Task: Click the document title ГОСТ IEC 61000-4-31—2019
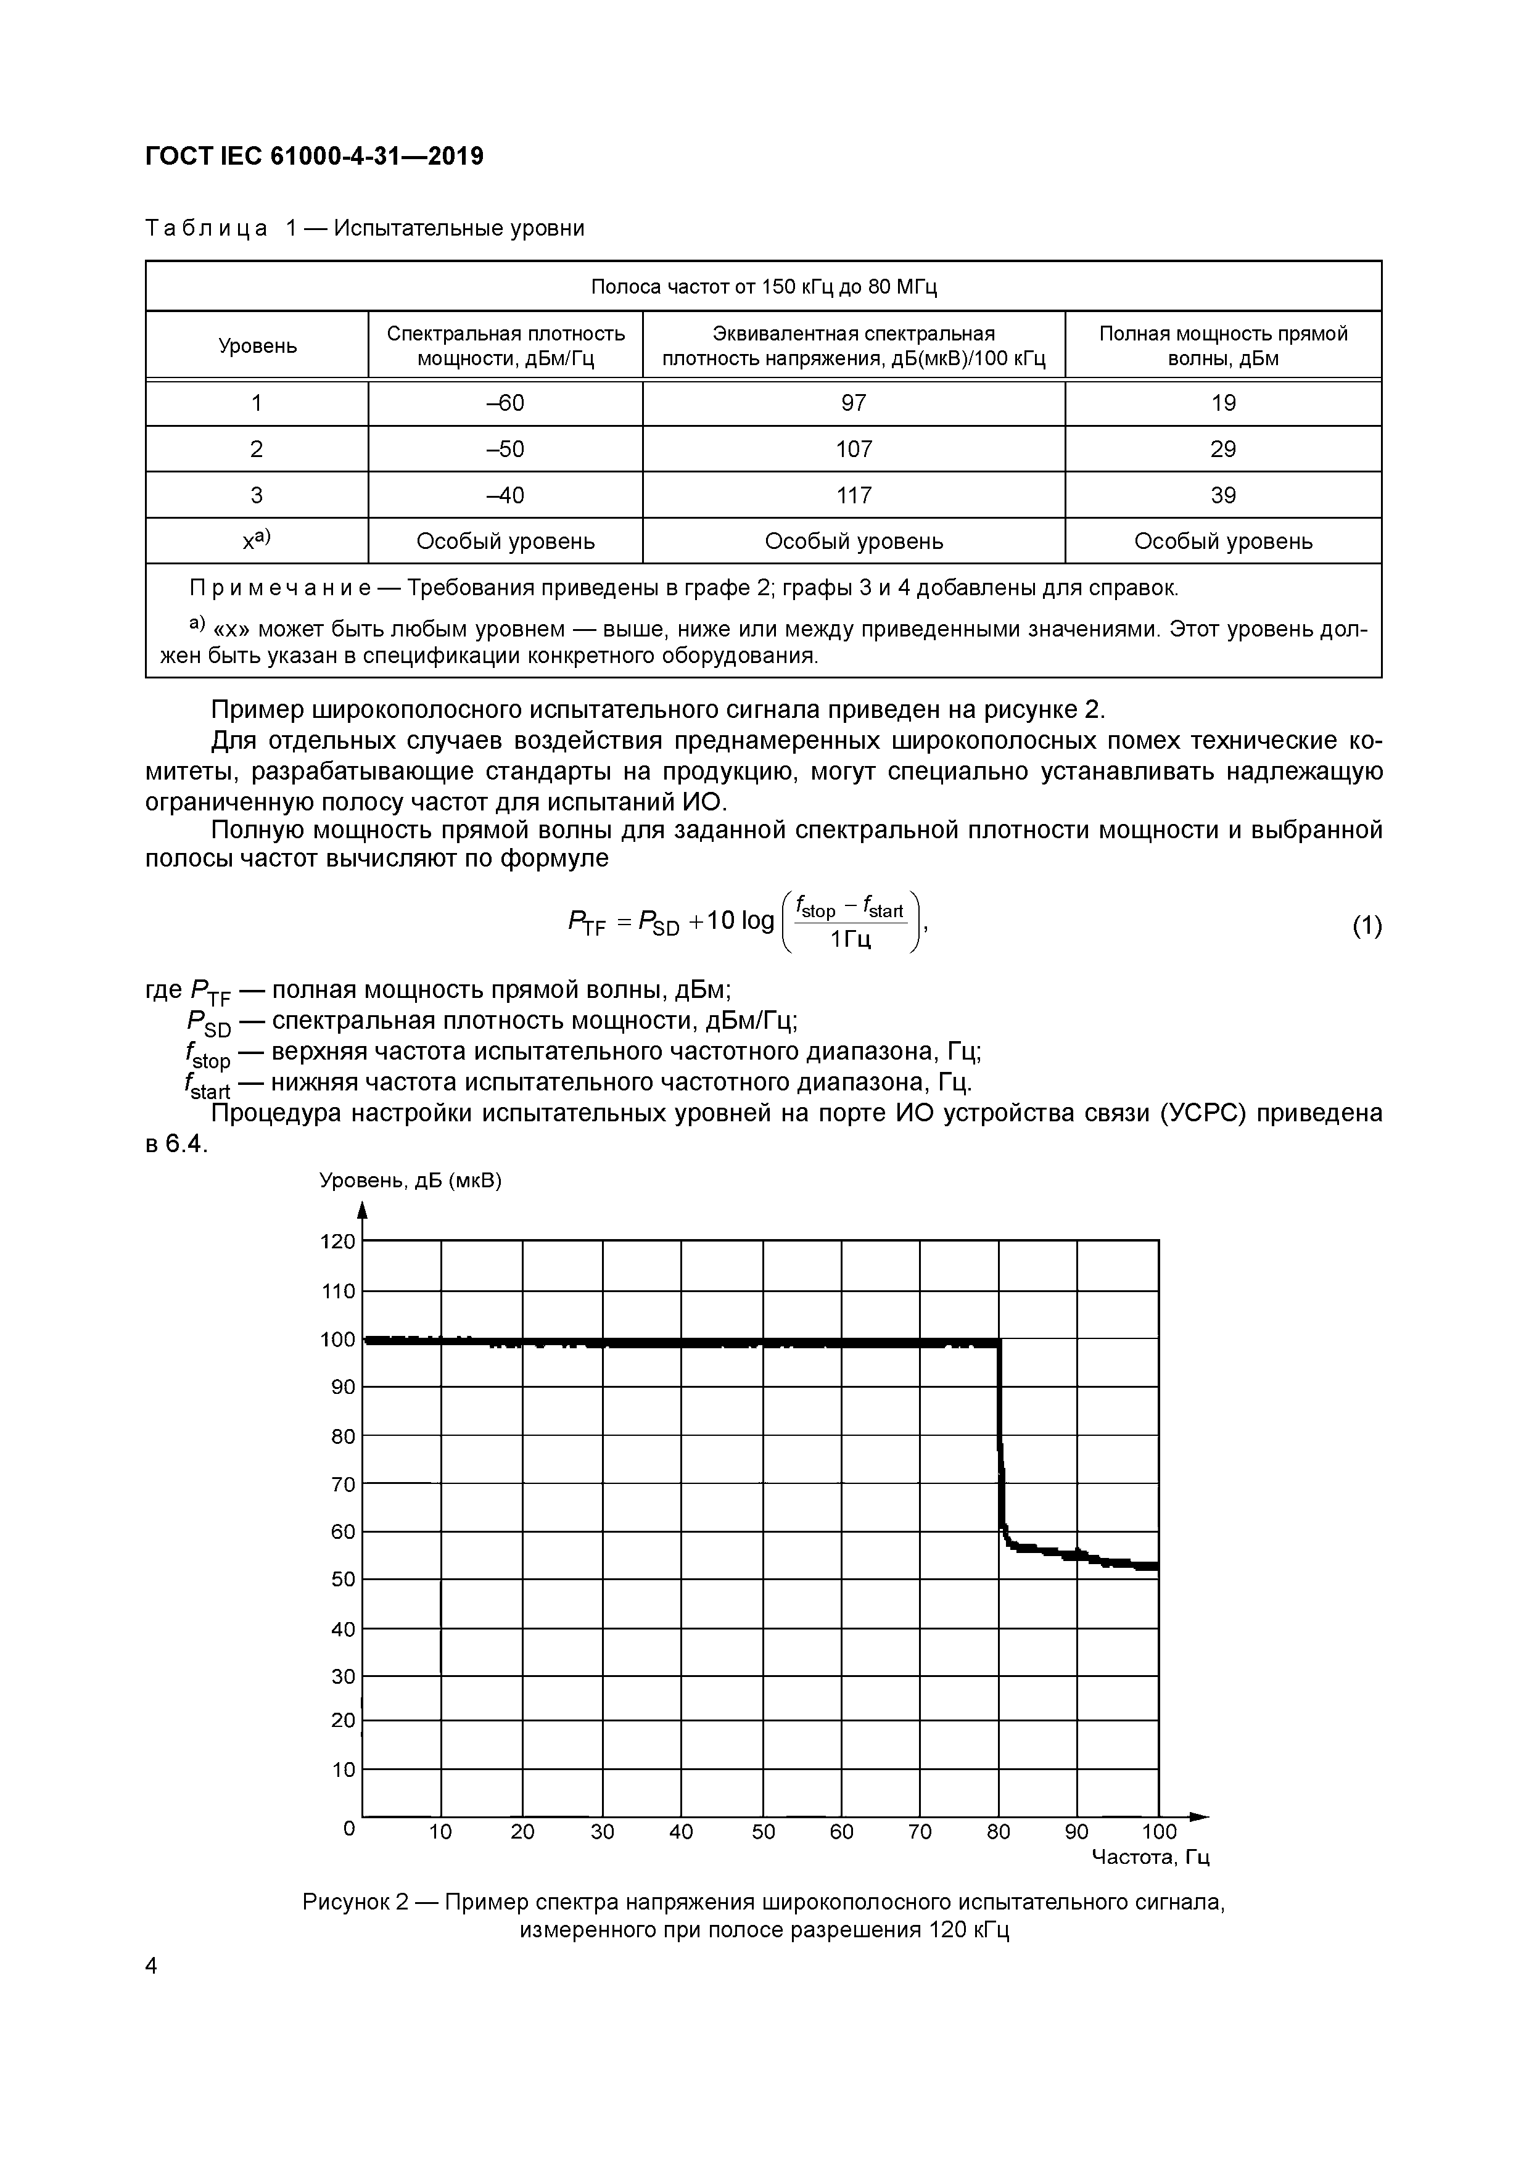314,157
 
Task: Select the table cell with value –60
505,403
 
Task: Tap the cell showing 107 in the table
854,450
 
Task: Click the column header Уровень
257,346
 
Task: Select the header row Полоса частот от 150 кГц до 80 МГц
763,286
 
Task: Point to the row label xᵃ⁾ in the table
256,541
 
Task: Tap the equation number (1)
1366,926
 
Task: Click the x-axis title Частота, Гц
1149,1857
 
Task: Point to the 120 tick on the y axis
338,1242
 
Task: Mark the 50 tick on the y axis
343,1579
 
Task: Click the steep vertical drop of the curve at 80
1000,1441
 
